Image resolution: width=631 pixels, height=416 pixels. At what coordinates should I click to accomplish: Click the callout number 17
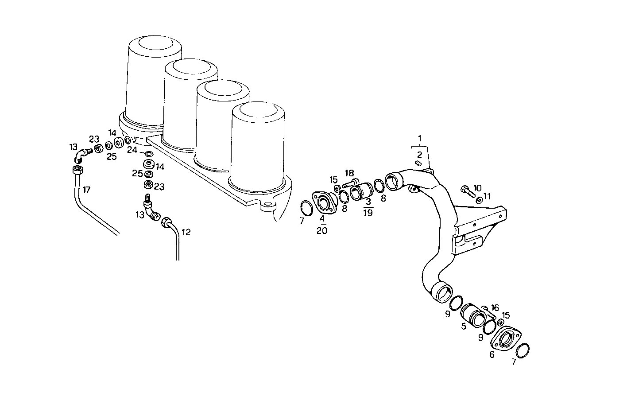click(x=86, y=190)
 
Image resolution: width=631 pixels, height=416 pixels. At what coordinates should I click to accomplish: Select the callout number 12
click(x=186, y=232)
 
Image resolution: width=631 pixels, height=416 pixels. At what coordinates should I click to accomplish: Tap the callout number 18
click(x=350, y=173)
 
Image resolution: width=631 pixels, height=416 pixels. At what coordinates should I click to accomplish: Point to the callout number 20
click(x=322, y=231)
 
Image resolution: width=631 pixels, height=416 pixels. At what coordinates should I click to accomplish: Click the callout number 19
click(x=368, y=212)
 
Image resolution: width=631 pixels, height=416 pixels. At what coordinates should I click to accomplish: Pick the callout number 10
click(x=477, y=188)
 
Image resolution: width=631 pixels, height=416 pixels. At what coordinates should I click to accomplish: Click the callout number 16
click(x=495, y=307)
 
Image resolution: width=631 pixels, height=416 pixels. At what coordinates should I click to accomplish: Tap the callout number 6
click(x=492, y=355)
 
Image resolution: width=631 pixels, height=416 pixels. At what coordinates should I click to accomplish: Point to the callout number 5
click(x=463, y=327)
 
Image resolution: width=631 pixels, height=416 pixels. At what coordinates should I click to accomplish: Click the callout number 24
click(x=132, y=150)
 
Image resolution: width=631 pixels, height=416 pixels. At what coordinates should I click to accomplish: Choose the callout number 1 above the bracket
click(x=420, y=138)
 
